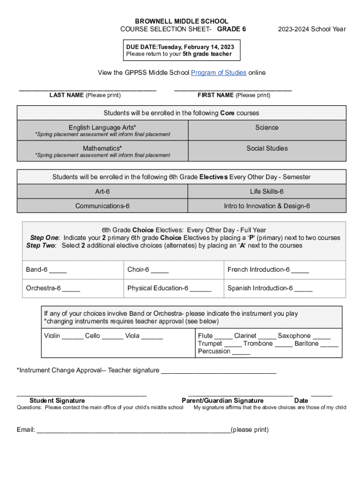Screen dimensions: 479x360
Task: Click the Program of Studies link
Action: coord(218,73)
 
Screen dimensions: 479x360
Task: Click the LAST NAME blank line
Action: coord(87,89)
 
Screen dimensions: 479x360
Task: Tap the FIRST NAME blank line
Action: coord(233,89)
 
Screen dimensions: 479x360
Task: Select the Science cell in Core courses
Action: coord(266,128)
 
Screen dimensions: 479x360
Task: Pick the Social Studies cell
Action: coord(266,148)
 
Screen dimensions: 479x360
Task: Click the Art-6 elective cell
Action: coord(102,191)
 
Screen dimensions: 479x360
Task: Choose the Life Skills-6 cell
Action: coord(266,191)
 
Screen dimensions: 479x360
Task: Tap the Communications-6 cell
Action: coord(102,206)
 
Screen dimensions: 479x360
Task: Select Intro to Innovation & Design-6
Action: coord(266,206)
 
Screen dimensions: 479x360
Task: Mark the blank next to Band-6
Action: coord(58,271)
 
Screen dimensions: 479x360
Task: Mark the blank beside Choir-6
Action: coord(160,271)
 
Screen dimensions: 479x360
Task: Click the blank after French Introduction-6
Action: coord(300,271)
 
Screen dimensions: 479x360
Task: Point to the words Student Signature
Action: coord(57,400)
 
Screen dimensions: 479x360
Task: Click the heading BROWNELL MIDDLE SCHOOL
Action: coord(181,22)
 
